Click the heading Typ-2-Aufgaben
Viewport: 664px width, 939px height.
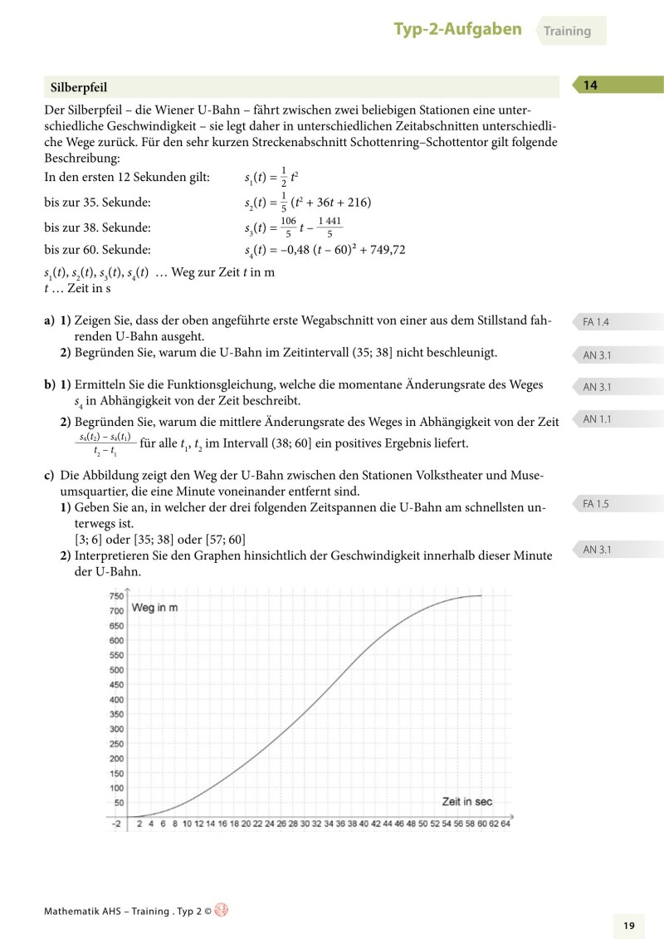click(x=457, y=30)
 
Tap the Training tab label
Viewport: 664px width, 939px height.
click(x=568, y=32)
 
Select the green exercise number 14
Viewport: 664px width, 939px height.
click(x=591, y=85)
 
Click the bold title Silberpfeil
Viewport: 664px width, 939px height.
click(x=79, y=87)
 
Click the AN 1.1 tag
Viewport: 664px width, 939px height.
click(x=597, y=419)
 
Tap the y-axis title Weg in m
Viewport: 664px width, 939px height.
click(x=154, y=609)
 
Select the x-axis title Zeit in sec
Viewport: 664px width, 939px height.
click(x=466, y=801)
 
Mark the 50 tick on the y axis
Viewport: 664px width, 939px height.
click(x=119, y=803)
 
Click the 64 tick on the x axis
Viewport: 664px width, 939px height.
click(x=505, y=824)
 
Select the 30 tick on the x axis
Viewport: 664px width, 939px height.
click(x=305, y=824)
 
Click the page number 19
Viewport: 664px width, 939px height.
click(x=628, y=925)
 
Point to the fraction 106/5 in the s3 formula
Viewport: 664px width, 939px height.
click(x=288, y=227)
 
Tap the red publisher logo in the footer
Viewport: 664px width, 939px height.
click(x=221, y=910)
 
